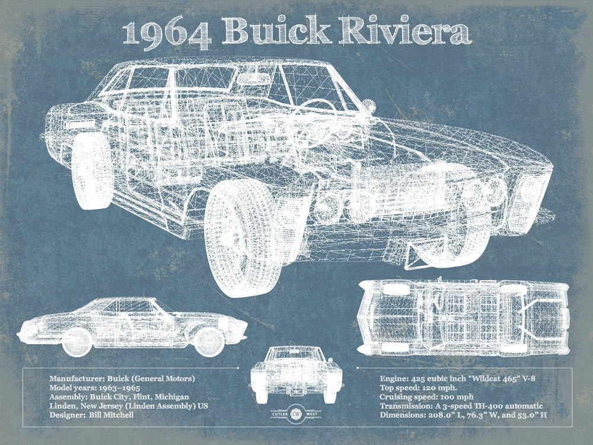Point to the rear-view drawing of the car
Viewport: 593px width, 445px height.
[x=296, y=374]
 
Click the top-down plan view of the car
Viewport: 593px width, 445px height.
[x=464, y=317]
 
